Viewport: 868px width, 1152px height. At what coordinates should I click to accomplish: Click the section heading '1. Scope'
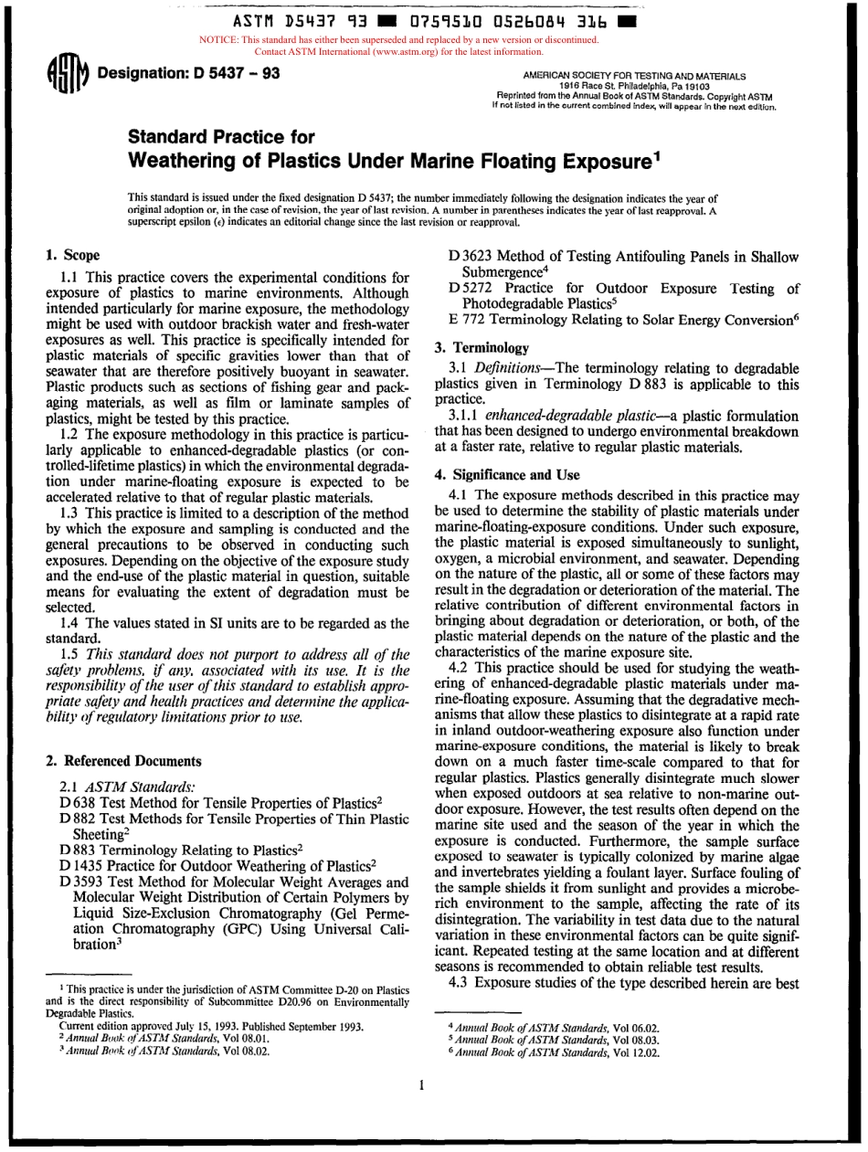(73, 255)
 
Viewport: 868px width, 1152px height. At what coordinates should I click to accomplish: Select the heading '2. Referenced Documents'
(123, 760)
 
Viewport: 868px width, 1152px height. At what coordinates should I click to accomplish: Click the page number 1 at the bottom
(422, 1085)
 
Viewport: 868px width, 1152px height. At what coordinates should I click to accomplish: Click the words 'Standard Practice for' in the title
(221, 138)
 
